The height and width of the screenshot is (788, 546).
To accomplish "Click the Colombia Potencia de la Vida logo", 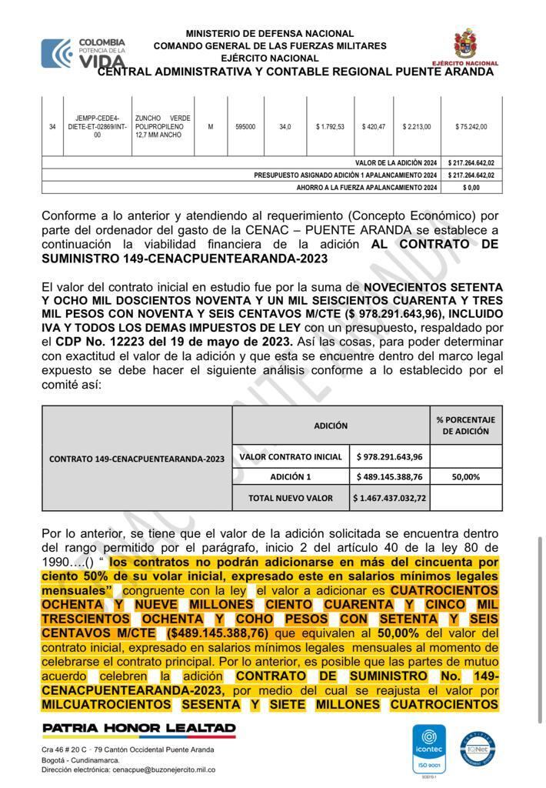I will (83, 52).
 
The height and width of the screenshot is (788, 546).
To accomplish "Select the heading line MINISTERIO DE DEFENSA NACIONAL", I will (270, 34).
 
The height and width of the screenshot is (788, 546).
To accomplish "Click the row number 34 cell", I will (52, 127).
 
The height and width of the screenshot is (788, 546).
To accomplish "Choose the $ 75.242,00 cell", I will (471, 127).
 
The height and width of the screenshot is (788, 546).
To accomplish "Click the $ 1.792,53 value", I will (330, 127).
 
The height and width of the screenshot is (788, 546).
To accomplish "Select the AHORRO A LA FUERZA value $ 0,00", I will (471, 187).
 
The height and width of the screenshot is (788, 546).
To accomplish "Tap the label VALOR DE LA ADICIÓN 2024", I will (396, 163).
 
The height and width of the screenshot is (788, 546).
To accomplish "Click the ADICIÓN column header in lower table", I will (331, 426).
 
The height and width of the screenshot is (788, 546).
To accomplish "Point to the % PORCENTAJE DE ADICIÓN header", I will (466, 426).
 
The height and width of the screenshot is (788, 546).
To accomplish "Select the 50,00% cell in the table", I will (466, 477).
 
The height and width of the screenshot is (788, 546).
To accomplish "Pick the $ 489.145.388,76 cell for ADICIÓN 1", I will (390, 477).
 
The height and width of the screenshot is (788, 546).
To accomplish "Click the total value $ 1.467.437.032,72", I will (390, 498).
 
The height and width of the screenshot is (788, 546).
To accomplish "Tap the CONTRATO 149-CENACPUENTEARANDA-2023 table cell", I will (137, 459).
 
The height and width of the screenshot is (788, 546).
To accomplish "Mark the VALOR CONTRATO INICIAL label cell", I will (291, 456).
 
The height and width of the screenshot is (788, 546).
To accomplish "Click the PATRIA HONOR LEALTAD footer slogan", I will (139, 728).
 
